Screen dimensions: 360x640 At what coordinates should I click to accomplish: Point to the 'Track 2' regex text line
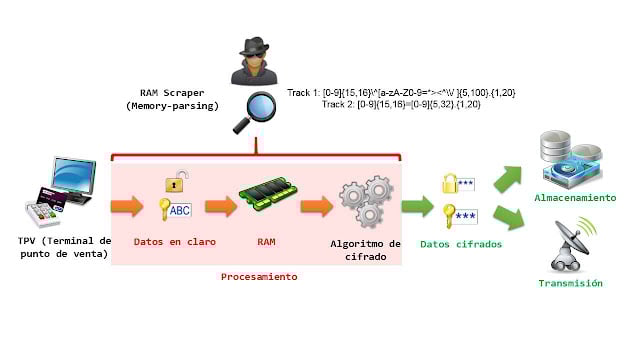[417, 104]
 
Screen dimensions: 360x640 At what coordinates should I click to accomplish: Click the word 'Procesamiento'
[259, 276]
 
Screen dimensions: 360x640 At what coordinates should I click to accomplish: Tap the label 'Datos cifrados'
[460, 243]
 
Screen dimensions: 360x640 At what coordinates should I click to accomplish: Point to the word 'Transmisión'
[570, 283]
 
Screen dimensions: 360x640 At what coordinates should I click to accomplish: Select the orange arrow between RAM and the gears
[316, 207]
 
